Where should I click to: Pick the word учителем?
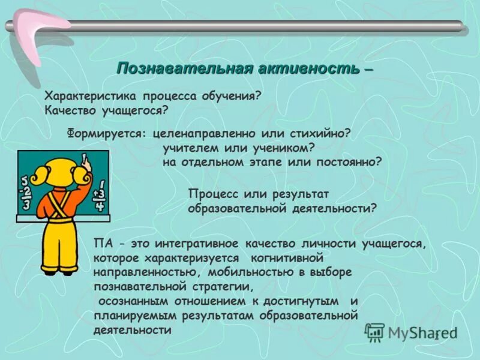(x=188, y=148)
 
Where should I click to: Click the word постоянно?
(x=349, y=162)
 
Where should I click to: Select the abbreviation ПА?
(x=102, y=244)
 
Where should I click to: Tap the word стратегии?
(x=208, y=286)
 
